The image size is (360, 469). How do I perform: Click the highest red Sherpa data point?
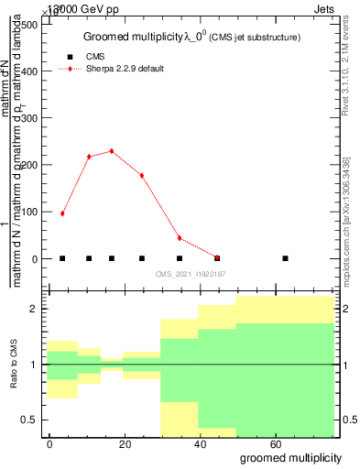pos(112,151)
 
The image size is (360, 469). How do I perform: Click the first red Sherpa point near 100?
pos(62,213)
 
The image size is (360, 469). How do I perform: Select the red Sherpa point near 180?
pos(142,175)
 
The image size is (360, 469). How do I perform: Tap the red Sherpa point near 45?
pos(180,238)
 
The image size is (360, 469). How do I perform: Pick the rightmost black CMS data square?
pos(286,258)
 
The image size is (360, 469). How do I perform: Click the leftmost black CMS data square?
pos(62,258)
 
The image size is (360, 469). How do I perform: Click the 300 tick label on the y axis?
pos(28,118)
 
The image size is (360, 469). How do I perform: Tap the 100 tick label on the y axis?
pos(28,213)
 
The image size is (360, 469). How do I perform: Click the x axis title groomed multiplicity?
pos(290,457)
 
